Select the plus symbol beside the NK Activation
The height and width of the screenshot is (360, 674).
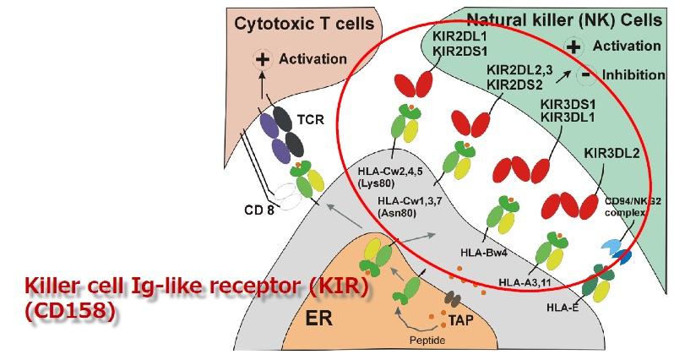coord(574,47)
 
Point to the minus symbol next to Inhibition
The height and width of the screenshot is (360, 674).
coord(584,75)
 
